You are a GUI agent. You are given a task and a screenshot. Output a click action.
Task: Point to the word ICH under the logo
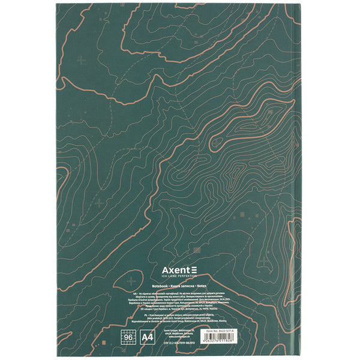(166, 277)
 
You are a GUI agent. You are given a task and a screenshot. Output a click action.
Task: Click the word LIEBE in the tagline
(175, 277)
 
